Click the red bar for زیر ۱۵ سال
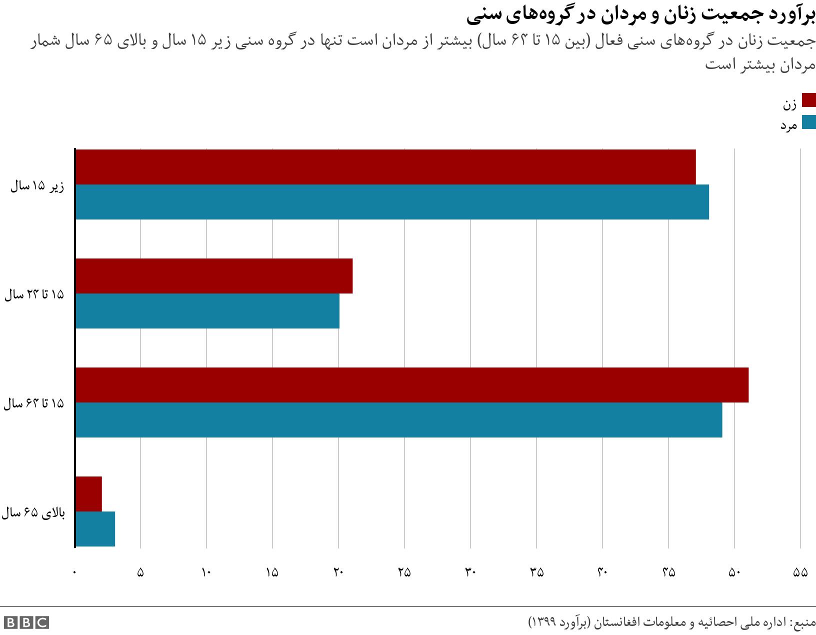(385, 167)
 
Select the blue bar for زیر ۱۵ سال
(392, 202)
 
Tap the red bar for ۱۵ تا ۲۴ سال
(214, 276)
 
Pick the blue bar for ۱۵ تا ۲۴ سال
(207, 311)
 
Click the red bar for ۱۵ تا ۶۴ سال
(411, 385)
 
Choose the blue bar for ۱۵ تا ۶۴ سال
(398, 420)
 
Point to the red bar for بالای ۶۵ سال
(88, 494)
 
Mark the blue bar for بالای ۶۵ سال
(95, 529)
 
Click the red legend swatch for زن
(808, 100)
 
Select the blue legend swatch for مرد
(808, 122)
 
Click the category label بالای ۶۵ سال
(33, 513)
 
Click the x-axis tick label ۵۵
(800, 573)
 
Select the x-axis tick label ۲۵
(404, 573)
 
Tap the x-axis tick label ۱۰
(206, 573)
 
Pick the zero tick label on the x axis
(75, 573)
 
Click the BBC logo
(25, 622)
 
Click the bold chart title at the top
(641, 16)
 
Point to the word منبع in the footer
(803, 622)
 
